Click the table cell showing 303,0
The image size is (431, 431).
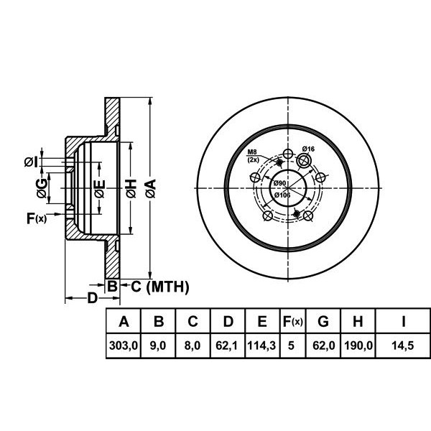pos(123,346)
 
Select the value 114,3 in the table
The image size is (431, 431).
pos(261,346)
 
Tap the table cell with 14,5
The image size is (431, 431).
pos(403,346)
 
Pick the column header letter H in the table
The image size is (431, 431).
pos(358,321)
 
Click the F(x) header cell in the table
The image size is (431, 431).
pos(293,321)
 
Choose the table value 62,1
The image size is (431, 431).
pos(226,346)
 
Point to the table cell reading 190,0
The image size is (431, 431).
pos(358,346)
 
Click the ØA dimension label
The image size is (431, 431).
pos(151,188)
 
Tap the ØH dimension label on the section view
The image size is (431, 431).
pos(131,188)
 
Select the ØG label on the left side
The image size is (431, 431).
pos(42,188)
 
